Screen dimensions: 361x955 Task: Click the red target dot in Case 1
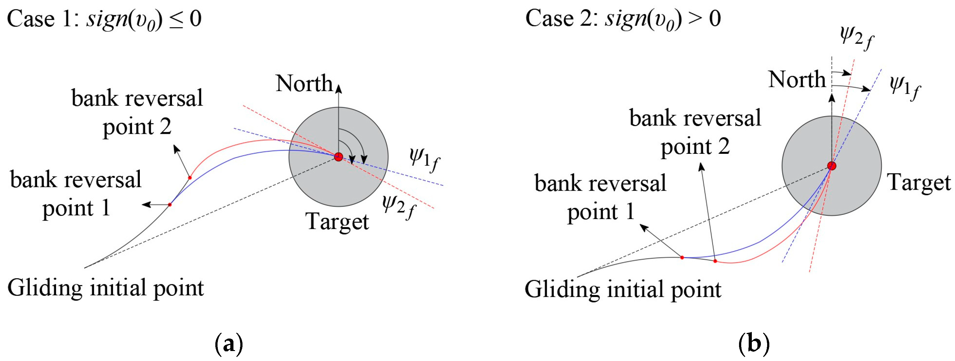tap(338, 157)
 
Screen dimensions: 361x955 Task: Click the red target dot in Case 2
tap(831, 166)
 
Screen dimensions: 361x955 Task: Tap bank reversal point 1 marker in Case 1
tap(170, 205)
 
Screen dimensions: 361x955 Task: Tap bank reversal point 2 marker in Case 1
tap(190, 178)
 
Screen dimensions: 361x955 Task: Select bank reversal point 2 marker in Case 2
tap(715, 261)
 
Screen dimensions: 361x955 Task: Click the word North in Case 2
tap(797, 79)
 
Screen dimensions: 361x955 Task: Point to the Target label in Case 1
tap(337, 222)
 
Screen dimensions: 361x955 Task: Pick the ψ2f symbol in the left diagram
tap(399, 207)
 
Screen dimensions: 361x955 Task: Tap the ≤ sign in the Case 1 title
tap(176, 19)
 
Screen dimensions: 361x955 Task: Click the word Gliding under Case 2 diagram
tap(562, 290)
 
